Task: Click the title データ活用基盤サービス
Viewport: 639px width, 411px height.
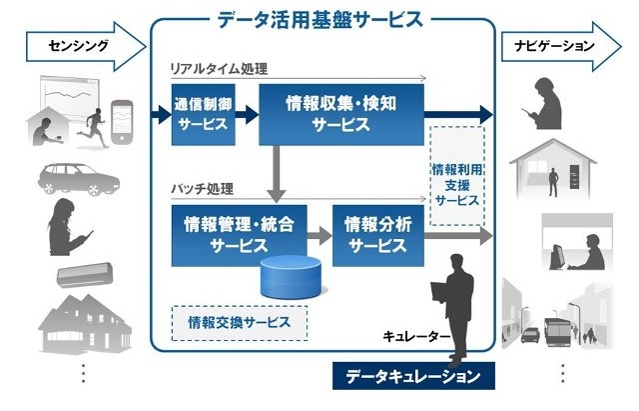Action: point(319,18)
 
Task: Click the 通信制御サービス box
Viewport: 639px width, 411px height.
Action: point(204,116)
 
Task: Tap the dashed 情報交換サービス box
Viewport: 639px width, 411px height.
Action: point(240,322)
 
